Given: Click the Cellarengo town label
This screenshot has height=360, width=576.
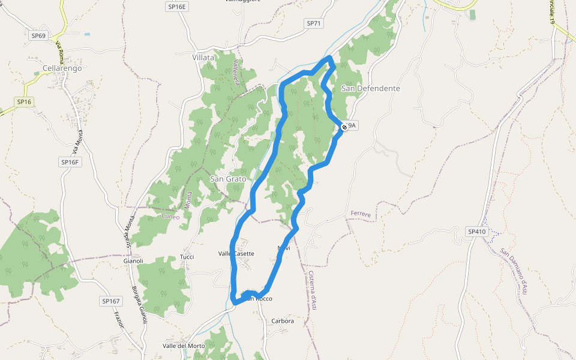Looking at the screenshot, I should [x=62, y=68].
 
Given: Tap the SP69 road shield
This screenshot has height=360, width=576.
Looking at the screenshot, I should [x=38, y=35].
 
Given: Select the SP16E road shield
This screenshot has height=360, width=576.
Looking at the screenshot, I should [x=177, y=6].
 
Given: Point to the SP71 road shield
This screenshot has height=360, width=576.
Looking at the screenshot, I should [x=314, y=23].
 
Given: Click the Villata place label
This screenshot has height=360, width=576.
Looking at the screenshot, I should [x=203, y=58].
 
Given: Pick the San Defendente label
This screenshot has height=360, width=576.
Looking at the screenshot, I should [x=370, y=88].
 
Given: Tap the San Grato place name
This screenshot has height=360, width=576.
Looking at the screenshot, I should [x=227, y=179].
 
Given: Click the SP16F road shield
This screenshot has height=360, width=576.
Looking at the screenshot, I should [x=70, y=162].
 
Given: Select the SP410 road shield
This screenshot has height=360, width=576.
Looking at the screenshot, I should [x=476, y=232].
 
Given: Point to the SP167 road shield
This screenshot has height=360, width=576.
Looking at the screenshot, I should [x=111, y=301].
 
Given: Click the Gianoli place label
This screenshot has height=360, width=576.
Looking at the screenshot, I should [x=133, y=261].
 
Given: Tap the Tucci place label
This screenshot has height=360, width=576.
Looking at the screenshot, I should [x=187, y=257].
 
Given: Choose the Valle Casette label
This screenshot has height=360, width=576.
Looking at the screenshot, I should [x=236, y=254].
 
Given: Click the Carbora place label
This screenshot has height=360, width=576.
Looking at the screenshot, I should [x=283, y=321].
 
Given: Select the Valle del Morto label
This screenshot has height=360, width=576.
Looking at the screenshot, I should [x=184, y=346].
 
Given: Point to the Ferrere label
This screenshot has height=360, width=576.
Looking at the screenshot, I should [x=361, y=214].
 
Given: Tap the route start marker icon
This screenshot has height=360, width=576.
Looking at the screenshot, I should [x=344, y=127].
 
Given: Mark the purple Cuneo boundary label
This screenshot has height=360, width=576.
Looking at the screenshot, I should [x=170, y=217].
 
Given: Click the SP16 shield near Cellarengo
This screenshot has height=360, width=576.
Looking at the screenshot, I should [x=24, y=102].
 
